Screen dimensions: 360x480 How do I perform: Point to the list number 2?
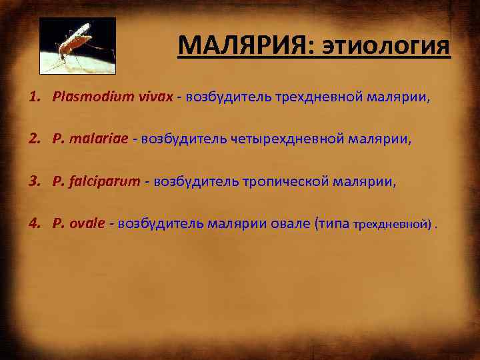click(33, 139)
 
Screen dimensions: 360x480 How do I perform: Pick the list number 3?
click(33, 181)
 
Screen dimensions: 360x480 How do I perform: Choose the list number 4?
click(33, 223)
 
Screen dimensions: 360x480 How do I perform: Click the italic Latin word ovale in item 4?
click(87, 223)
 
